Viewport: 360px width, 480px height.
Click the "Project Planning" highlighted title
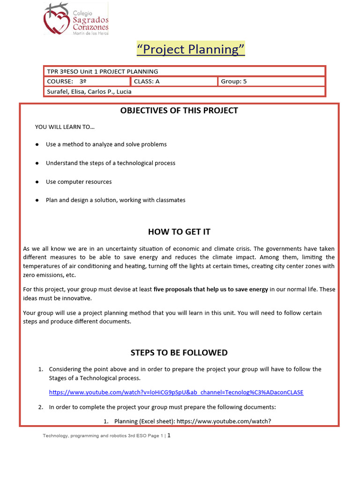point(190,49)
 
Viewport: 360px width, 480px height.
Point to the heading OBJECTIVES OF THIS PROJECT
point(179,111)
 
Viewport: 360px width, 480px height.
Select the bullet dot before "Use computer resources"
point(37,182)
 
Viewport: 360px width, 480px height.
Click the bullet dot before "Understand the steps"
point(37,163)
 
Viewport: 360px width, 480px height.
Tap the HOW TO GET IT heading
point(179,232)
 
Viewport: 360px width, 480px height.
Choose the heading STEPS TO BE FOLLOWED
point(179,352)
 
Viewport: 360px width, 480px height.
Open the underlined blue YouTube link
point(176,392)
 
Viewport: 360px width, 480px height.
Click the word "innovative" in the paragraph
point(77,298)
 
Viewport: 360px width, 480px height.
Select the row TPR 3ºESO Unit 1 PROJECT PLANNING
point(103,71)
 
